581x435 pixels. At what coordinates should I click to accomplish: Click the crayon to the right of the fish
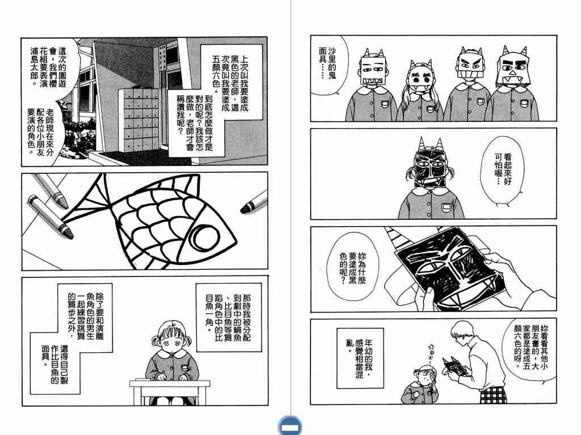click(254, 202)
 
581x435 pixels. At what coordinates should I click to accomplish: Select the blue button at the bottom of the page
click(290, 426)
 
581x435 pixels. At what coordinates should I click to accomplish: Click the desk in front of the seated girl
click(170, 391)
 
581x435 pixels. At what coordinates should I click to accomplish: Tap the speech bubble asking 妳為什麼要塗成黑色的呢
click(352, 267)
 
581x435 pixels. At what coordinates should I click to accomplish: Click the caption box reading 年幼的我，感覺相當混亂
click(360, 358)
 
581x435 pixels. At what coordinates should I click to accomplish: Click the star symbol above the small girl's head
click(432, 347)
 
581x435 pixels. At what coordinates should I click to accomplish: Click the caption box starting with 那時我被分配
click(229, 317)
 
